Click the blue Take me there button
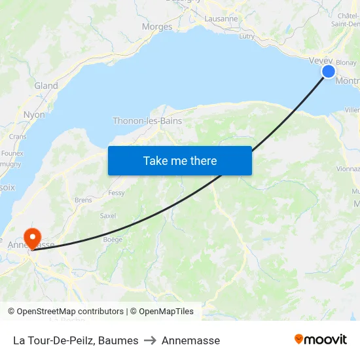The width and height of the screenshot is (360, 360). click(x=180, y=160)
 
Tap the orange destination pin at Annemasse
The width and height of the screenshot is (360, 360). click(x=31, y=237)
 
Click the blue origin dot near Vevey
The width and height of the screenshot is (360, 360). click(x=329, y=71)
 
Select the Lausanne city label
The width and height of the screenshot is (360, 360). click(x=221, y=19)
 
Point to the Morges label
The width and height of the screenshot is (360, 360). click(x=157, y=27)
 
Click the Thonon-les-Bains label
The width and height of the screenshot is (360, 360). click(x=147, y=121)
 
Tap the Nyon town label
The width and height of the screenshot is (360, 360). click(x=34, y=115)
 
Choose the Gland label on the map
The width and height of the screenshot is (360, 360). click(x=46, y=86)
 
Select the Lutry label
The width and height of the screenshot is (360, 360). click(x=247, y=37)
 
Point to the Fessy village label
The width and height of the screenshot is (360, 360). click(x=117, y=193)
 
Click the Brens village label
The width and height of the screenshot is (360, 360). click(x=83, y=200)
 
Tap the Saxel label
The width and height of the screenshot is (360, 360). click(x=107, y=215)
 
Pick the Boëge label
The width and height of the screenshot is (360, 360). click(x=113, y=240)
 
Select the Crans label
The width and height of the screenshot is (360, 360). click(x=18, y=137)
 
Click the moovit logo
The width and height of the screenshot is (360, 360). click(x=320, y=340)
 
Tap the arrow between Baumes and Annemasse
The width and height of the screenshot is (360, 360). click(x=150, y=340)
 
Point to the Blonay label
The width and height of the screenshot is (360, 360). click(x=346, y=63)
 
